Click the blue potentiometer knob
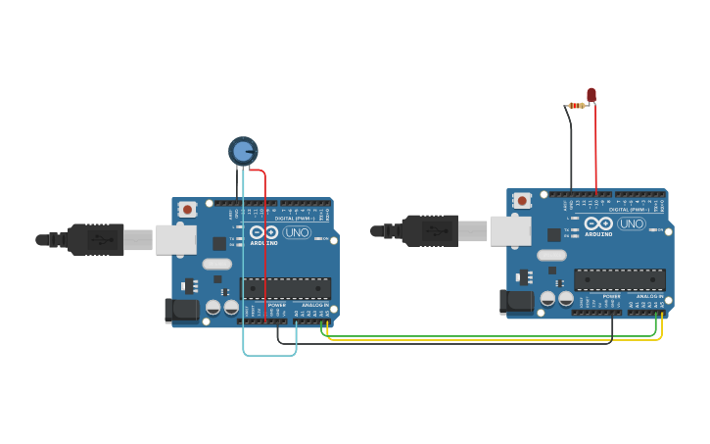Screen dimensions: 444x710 243,150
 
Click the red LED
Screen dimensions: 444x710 592,95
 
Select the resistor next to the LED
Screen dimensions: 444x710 577,105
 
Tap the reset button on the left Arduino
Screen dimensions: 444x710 187,209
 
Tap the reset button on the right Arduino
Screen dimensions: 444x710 522,200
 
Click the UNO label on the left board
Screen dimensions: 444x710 297,232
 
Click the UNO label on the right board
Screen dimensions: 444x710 632,223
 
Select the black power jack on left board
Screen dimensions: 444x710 181,311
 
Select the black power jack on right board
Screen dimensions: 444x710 516,302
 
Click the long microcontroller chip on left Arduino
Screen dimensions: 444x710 285,288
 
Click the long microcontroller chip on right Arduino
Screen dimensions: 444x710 620,279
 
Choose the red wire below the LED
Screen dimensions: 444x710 595,147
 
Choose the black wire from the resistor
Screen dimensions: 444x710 570,147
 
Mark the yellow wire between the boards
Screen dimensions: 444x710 490,340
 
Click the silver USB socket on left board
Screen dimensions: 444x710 175,239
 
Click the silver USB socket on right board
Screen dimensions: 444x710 510,230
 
